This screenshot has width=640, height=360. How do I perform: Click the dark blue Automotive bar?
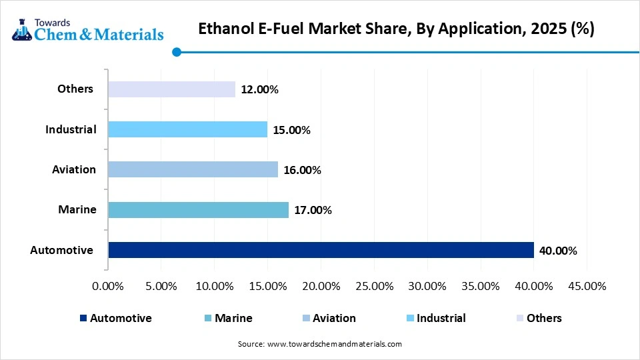[321, 250]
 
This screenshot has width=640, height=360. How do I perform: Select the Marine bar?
[198, 210]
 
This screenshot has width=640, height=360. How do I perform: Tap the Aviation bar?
[193, 169]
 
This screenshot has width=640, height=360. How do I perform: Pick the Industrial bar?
[187, 129]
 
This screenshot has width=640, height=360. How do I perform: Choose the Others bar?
[171, 89]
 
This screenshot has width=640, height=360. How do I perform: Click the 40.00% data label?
[558, 251]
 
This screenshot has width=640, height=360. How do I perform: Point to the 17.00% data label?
[313, 211]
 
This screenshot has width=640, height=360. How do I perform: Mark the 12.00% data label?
[259, 90]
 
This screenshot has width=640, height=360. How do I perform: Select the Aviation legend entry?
[327, 318]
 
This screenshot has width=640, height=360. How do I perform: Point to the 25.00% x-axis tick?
[374, 286]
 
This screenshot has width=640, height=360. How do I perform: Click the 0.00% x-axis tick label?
[107, 286]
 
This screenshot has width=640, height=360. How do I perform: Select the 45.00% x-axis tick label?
[587, 286]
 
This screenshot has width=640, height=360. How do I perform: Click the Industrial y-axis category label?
[71, 129]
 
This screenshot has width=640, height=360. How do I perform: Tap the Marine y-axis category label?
[77, 209]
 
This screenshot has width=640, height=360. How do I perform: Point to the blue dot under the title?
[176, 51]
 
